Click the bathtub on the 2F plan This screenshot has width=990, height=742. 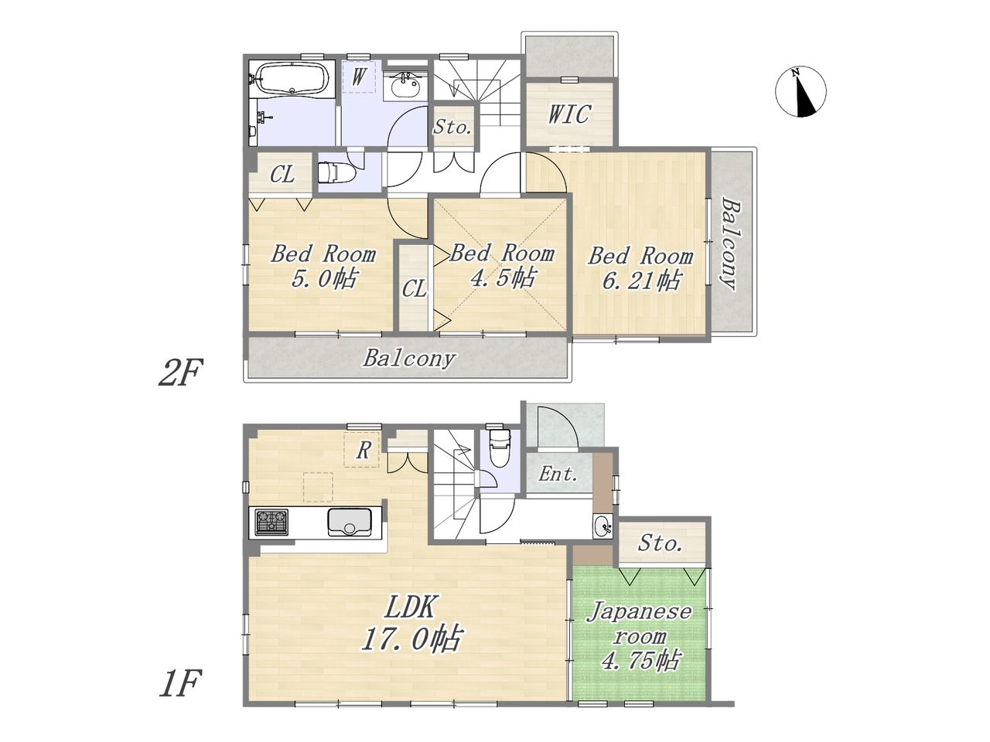point(292,78)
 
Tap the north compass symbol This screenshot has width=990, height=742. point(801,91)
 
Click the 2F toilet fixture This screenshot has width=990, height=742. point(336,172)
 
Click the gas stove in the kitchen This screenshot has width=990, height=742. point(271,522)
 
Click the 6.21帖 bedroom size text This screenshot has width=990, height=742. point(641,281)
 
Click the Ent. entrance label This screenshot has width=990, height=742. point(558,474)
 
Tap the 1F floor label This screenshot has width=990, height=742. point(180,683)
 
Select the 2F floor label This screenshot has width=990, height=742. point(181,372)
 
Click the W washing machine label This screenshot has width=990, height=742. point(358,77)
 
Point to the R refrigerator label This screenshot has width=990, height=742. point(364,450)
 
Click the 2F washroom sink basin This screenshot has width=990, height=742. point(405,86)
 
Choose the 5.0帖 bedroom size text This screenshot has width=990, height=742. point(324,279)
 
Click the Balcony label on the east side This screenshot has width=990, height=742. point(730,243)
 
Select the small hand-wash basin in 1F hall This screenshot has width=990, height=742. point(603,526)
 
